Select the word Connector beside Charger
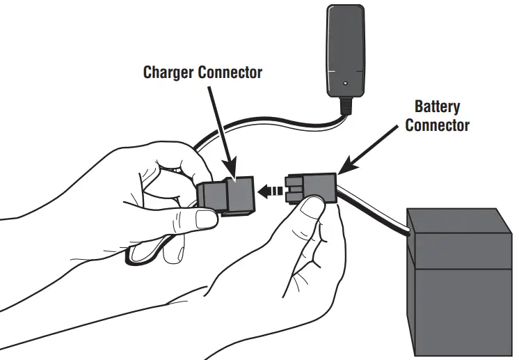point(231,72)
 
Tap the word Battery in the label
point(437,108)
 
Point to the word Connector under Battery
point(437,126)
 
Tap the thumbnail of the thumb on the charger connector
point(207,220)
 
